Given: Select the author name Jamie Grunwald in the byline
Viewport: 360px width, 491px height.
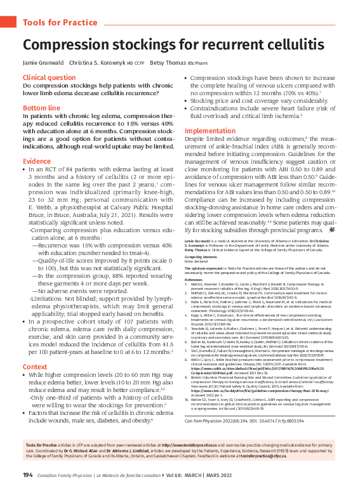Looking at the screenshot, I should pyautogui.click(x=43, y=63).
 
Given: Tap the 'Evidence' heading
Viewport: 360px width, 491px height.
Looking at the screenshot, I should pyautogui.click(x=37, y=162).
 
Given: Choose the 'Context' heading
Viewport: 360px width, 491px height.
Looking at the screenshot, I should pyautogui.click(x=35, y=367).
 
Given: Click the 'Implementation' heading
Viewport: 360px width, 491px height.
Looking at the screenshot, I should pyautogui.click(x=210, y=131).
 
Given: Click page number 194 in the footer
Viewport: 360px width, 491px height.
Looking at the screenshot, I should pyautogui.click(x=28, y=475).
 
